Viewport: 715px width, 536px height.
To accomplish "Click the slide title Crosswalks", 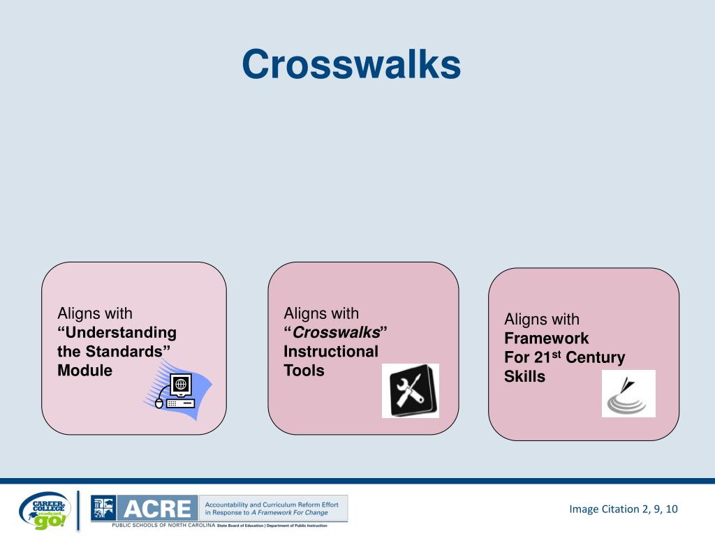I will [351, 65].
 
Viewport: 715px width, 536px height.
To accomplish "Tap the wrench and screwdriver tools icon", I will [410, 391].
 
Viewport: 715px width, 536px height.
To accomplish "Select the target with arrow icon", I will [628, 394].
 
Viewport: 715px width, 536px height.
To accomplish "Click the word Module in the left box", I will [84, 371].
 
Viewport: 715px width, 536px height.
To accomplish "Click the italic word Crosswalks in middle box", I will [337, 333].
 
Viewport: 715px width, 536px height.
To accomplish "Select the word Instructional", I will [330, 352].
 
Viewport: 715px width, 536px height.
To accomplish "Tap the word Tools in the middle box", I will [304, 371].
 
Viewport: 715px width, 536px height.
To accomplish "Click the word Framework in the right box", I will [547, 338].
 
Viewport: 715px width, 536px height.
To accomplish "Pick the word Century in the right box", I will [595, 358].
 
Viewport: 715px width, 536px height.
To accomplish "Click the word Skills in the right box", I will [524, 377].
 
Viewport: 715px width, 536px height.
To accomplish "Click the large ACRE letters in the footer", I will [157, 508].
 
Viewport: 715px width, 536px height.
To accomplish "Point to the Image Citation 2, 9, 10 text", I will [623, 509].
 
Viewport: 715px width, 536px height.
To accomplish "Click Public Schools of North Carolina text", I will [163, 525].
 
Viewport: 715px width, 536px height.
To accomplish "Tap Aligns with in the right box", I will [542, 320].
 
